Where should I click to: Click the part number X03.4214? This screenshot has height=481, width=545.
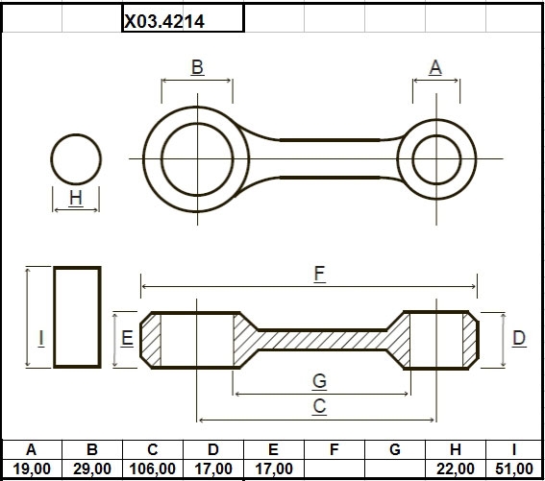click(x=164, y=21)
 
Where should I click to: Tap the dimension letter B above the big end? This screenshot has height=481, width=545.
click(x=197, y=66)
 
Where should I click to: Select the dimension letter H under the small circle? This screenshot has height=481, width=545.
click(x=76, y=198)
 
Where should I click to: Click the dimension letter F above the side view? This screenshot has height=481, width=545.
click(x=319, y=274)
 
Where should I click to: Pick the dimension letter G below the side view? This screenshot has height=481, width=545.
click(x=319, y=380)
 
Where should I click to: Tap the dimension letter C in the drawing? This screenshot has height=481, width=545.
click(x=319, y=406)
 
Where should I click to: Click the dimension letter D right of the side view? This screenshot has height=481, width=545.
click(x=519, y=338)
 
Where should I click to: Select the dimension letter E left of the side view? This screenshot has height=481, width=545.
click(x=127, y=338)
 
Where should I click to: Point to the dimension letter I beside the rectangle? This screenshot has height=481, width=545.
click(x=41, y=338)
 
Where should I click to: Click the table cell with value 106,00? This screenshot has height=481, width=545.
click(x=153, y=469)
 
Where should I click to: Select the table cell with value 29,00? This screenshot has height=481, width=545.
click(x=92, y=469)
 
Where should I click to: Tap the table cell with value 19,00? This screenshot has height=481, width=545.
click(x=32, y=469)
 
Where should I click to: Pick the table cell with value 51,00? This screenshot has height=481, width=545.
click(x=514, y=469)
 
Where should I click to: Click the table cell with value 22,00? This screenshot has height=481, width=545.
click(x=456, y=469)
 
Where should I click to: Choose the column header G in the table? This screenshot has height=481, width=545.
click(x=395, y=449)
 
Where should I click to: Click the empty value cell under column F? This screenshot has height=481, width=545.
click(x=334, y=469)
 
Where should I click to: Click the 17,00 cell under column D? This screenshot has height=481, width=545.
click(x=213, y=469)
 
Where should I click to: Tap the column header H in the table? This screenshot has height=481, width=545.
click(x=456, y=449)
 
